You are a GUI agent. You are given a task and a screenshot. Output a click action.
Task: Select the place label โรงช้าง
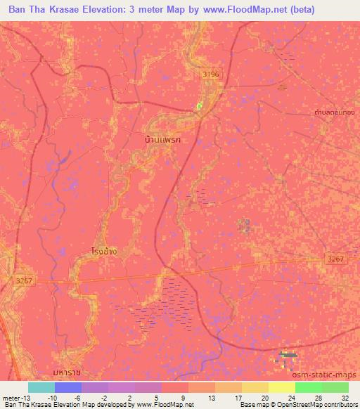click(104, 249)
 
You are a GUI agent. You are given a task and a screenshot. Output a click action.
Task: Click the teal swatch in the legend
click(41, 387)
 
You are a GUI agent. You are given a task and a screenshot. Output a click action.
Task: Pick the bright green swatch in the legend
click(309, 387)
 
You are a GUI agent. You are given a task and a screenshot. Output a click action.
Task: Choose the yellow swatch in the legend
click(255, 387)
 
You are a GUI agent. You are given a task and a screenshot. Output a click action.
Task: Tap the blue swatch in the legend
click(68, 387)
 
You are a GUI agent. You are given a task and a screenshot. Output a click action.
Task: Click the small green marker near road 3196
click(200, 105)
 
